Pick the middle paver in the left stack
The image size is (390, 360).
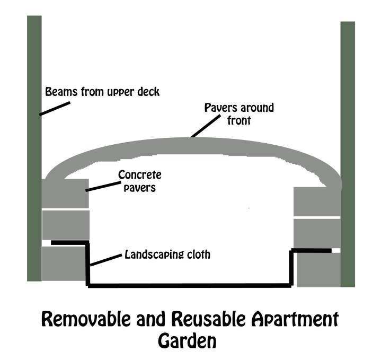coord(63,225)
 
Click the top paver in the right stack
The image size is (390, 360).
coord(316,201)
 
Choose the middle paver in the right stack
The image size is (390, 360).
coord(316,233)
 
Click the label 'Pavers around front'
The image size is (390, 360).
coord(240,113)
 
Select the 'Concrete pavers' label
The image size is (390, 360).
coord(139,181)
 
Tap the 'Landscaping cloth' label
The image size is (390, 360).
coord(167,254)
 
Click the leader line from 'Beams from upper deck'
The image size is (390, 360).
coord(55,108)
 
